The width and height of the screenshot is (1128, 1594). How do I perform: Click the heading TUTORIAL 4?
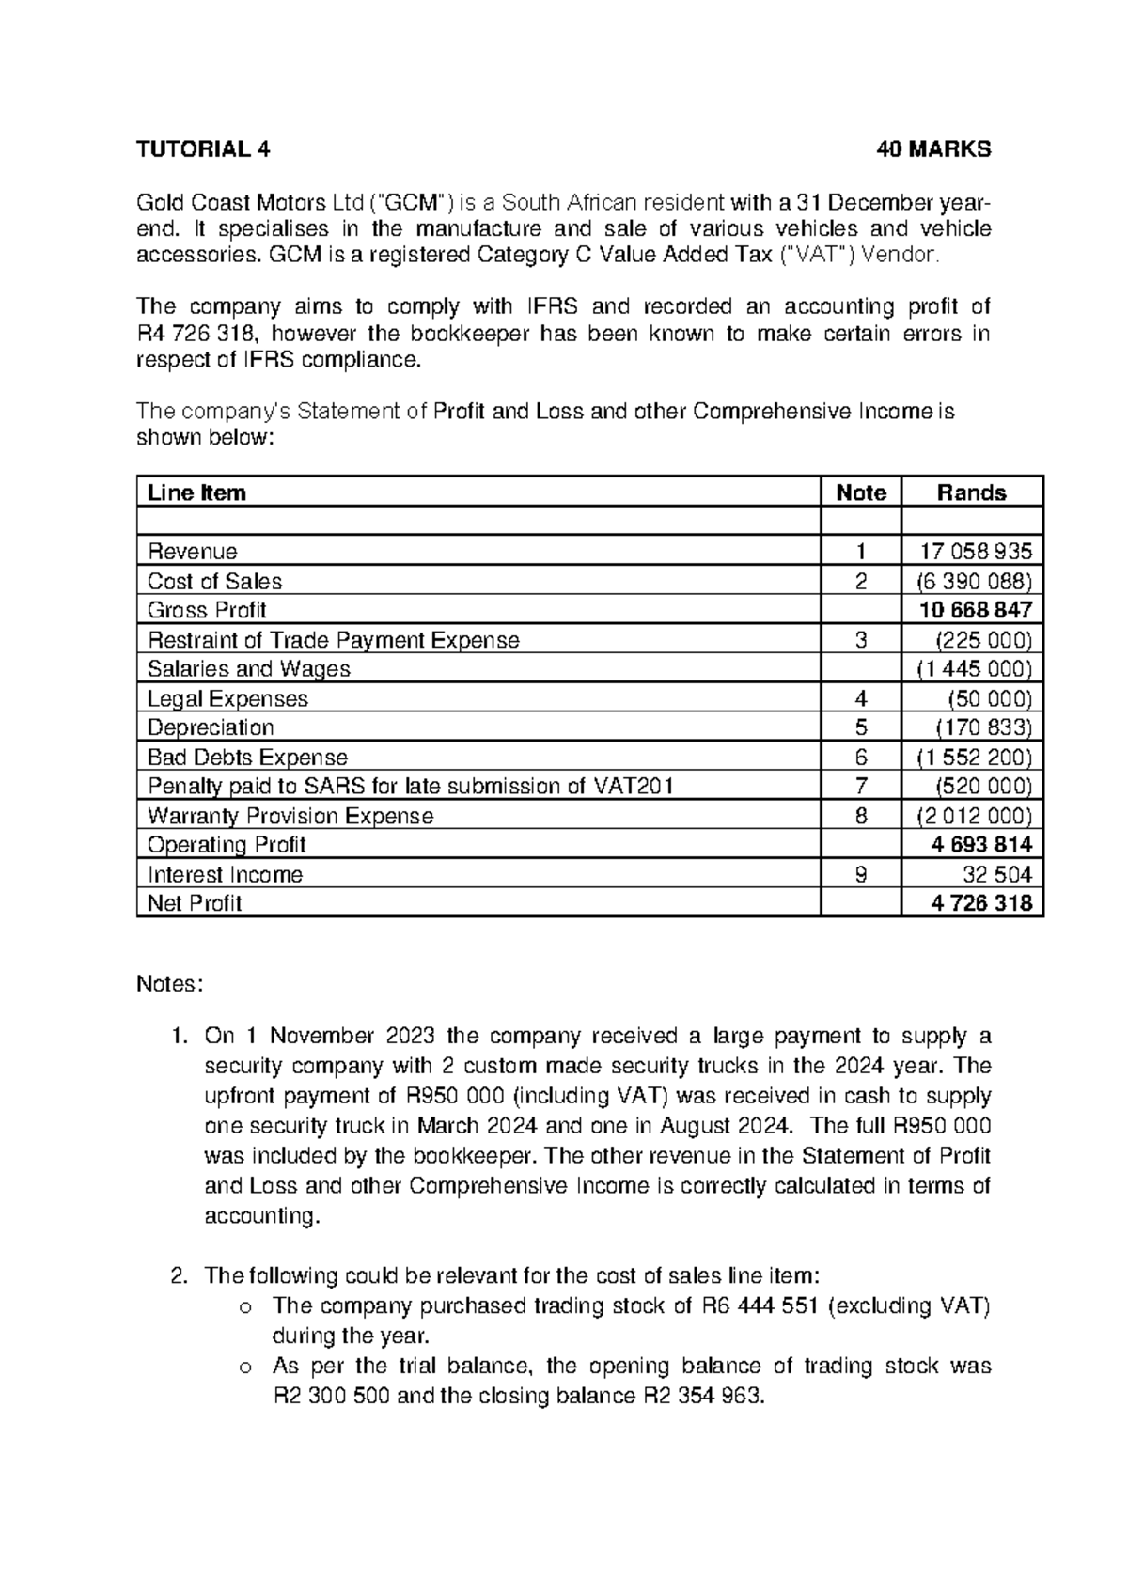pos(203,149)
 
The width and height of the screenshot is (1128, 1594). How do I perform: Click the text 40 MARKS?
pos(932,149)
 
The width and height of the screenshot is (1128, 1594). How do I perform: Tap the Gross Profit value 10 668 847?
pos(976,610)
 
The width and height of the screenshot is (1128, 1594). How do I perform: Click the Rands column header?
pos(971,493)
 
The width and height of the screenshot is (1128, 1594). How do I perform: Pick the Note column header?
pos(861,493)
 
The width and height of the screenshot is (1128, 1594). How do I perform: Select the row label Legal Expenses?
pos(227,698)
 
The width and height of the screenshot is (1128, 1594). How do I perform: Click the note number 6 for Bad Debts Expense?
pos(861,758)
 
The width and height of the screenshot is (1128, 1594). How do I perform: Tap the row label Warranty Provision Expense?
pos(290,816)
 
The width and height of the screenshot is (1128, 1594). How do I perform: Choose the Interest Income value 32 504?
pos(997,875)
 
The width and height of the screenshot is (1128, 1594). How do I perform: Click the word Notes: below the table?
pos(170,984)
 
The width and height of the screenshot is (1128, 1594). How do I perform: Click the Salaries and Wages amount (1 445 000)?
pos(974,669)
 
